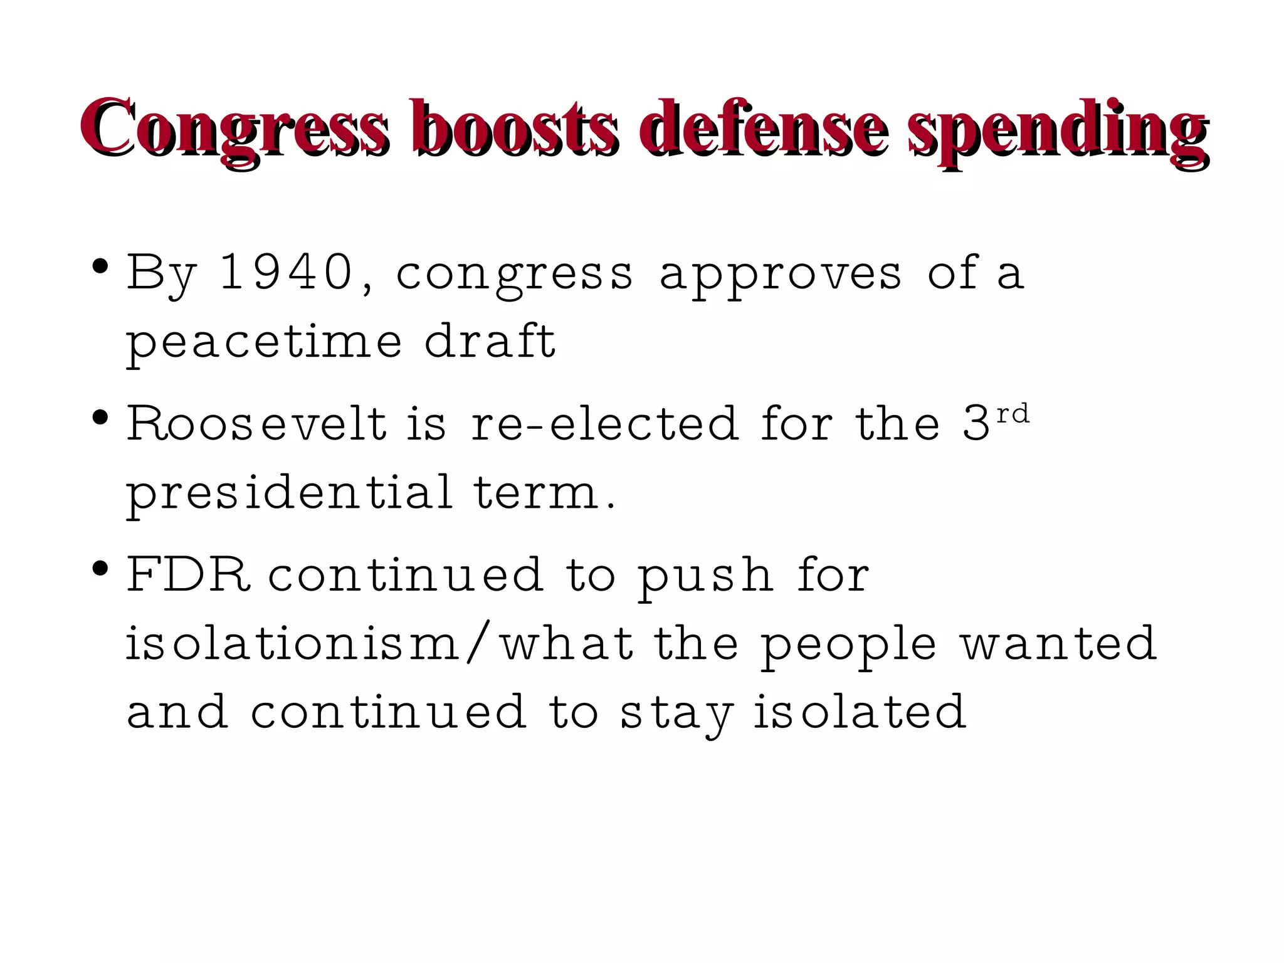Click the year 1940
pyautogui.click(x=286, y=273)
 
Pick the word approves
pyautogui.click(x=781, y=276)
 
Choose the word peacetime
pyautogui.click(x=264, y=343)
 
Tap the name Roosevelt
pyautogui.click(x=257, y=424)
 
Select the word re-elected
pyautogui.click(x=605, y=424)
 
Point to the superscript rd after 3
pyautogui.click(x=1013, y=414)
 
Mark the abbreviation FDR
pyautogui.click(x=188, y=575)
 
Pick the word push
pyautogui.click(x=705, y=578)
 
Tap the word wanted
pyautogui.click(x=1059, y=644)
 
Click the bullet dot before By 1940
pyautogui.click(x=99, y=266)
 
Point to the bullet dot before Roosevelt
pyautogui.click(x=99, y=417)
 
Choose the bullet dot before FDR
pyautogui.click(x=99, y=569)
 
